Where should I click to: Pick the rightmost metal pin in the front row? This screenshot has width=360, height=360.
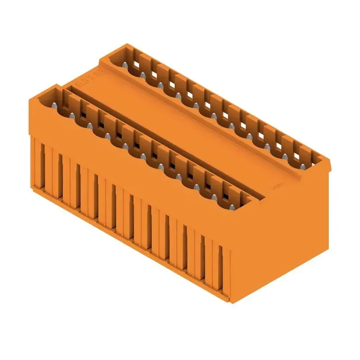coord(233,207)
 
